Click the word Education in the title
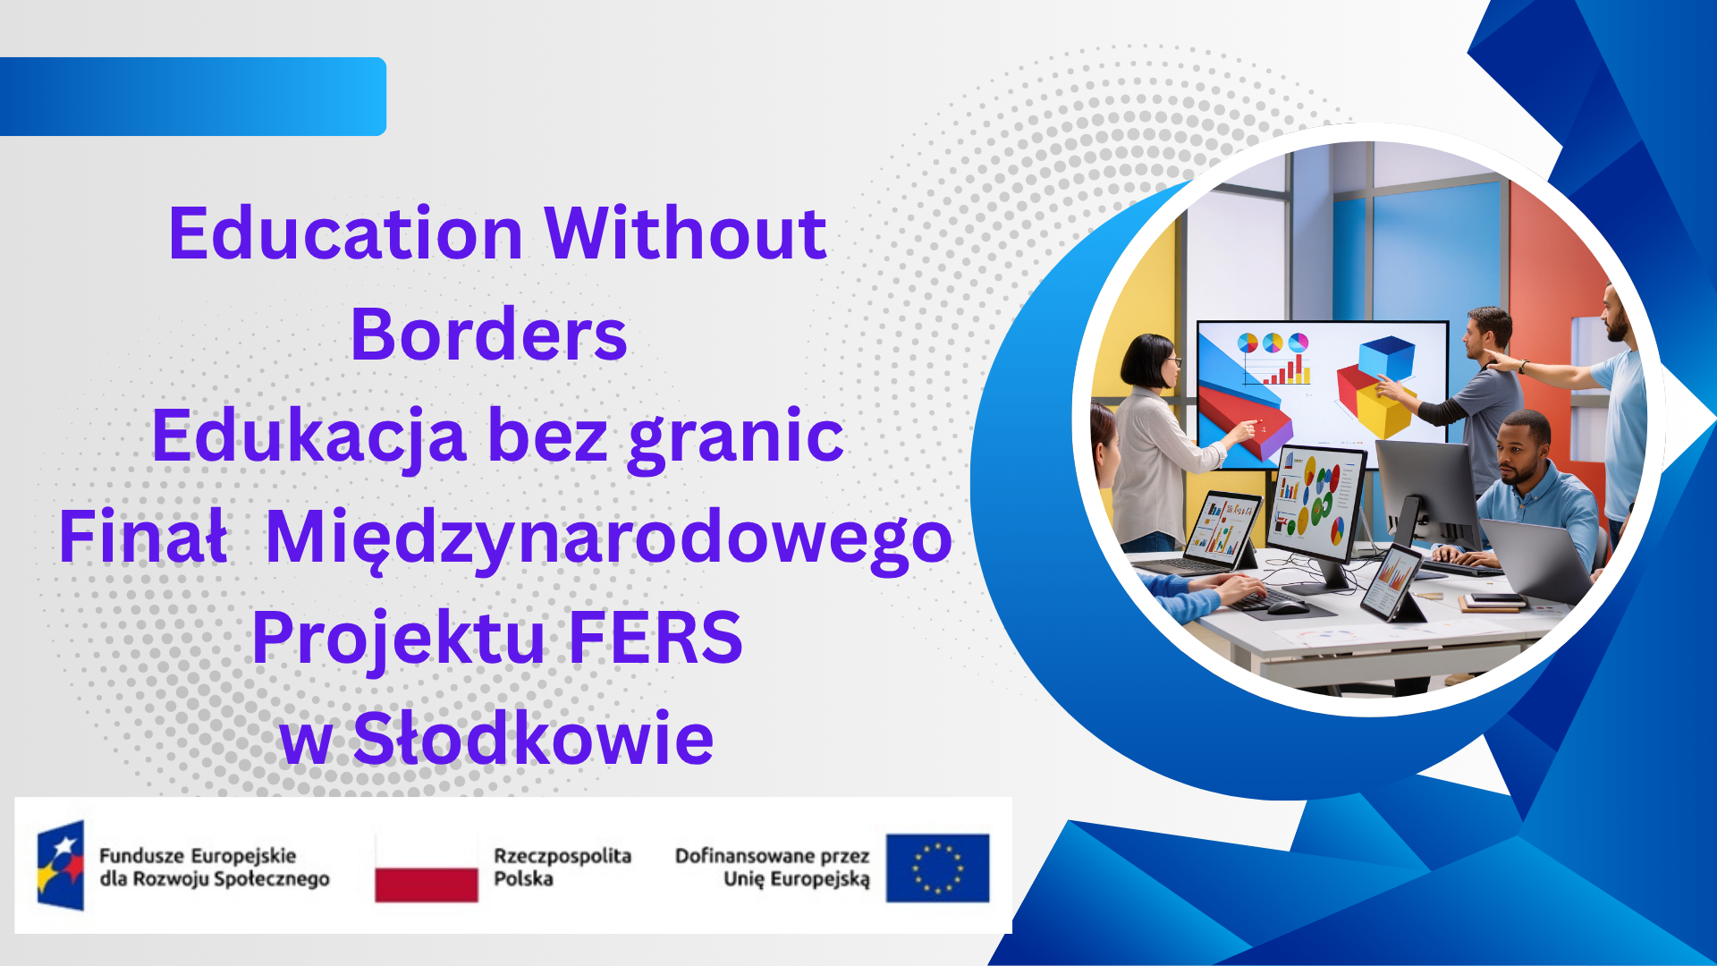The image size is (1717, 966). (345, 234)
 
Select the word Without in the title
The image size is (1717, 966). (685, 234)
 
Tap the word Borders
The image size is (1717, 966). (488, 335)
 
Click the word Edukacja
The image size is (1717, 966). (309, 436)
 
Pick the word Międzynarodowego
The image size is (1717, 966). (609, 538)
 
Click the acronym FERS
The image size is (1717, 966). (655, 639)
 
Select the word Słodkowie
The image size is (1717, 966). (533, 740)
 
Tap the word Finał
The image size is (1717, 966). (142, 538)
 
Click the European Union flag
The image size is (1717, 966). (937, 868)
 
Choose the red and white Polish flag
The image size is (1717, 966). (426, 868)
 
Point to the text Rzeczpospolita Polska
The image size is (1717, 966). (562, 867)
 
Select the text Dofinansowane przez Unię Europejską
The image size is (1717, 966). (772, 867)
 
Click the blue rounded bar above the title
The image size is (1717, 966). (192, 97)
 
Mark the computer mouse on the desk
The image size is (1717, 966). (1288, 607)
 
